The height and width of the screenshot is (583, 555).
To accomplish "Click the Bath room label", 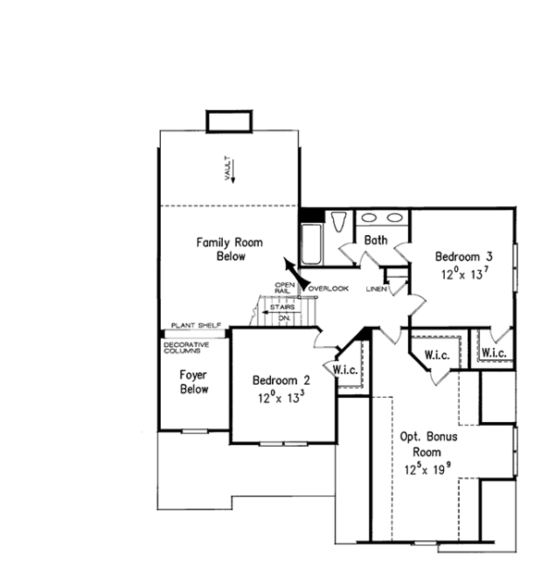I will [x=376, y=241].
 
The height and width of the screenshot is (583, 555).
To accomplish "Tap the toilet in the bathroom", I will [x=338, y=224].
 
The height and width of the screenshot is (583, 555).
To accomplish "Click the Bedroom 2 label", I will [x=281, y=379].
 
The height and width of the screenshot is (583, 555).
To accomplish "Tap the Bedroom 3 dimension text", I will [x=463, y=274].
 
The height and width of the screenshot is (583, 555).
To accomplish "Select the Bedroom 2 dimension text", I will [x=280, y=397].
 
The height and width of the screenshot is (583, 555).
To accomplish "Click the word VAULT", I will [x=225, y=167].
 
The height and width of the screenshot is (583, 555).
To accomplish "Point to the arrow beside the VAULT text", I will [x=235, y=167].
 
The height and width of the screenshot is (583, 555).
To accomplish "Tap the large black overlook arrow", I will [x=291, y=273].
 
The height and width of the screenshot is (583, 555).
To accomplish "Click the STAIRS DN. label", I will [x=283, y=312].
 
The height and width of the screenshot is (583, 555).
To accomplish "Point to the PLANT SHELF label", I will [x=194, y=326].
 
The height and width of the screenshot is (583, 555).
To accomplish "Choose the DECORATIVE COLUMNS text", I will [x=186, y=348].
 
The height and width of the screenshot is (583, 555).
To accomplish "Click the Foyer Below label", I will [x=194, y=382].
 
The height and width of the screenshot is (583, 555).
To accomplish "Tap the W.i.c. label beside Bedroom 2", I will [x=345, y=370].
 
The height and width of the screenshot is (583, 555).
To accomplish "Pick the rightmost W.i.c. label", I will [x=493, y=353].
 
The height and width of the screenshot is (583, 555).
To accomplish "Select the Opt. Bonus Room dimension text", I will [x=428, y=469].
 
